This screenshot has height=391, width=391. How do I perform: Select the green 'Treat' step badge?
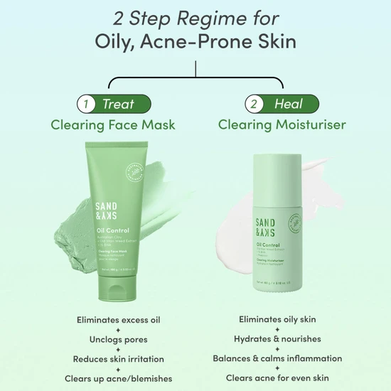pos(118,104)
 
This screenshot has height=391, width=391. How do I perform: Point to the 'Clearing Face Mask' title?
pos(112,125)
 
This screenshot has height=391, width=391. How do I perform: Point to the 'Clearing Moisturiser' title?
pos(282,125)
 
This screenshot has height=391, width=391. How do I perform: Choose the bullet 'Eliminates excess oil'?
pos(118,320)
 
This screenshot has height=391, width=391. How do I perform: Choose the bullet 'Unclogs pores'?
pos(118,339)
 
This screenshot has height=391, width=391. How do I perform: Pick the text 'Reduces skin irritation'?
pos(118,358)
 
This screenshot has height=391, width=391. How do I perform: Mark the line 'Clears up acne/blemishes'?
pos(118,378)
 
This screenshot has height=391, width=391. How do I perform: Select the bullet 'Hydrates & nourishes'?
pos(277,339)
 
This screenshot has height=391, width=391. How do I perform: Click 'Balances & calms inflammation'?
pos(277,358)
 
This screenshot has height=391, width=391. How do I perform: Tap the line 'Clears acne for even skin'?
pos(277,378)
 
